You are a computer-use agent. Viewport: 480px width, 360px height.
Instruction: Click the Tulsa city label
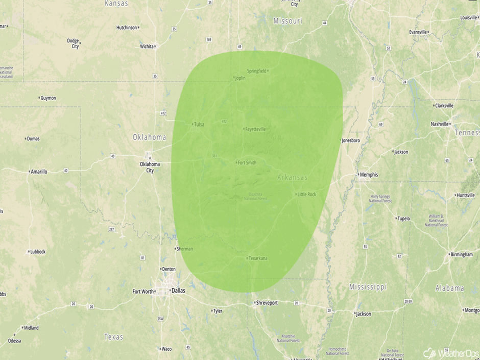pyautogui.click(x=199, y=124)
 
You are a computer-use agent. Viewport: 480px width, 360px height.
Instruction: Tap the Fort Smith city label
pyautogui.click(x=247, y=163)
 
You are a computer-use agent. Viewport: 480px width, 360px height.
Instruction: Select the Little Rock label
pyautogui.click(x=306, y=195)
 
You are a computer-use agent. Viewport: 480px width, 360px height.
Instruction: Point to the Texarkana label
pyautogui.click(x=257, y=258)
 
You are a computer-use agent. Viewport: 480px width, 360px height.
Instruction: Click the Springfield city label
pyautogui.click(x=256, y=71)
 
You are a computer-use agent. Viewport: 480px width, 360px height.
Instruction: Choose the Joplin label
pyautogui.click(x=240, y=78)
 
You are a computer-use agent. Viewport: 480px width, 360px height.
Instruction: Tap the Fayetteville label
pyautogui.click(x=255, y=129)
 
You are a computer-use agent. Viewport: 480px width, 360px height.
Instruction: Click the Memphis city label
pyautogui.click(x=369, y=175)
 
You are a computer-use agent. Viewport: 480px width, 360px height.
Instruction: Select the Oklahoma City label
pyautogui.click(x=150, y=167)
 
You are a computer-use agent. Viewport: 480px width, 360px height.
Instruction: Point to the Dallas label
pyautogui.click(x=179, y=291)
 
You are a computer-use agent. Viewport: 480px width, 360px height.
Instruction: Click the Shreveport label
pyautogui.click(x=267, y=303)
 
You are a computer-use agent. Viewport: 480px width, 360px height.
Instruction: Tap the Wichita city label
pyautogui.click(x=147, y=46)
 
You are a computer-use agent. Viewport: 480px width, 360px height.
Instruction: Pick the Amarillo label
pyautogui.click(x=39, y=172)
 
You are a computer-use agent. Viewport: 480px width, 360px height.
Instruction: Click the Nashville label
pyautogui.click(x=439, y=124)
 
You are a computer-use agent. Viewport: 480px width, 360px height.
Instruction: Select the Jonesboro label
pyautogui.click(x=350, y=140)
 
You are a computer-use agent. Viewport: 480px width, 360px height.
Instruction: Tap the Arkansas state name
pyautogui.click(x=293, y=177)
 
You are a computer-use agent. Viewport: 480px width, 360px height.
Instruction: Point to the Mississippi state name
pyautogui.click(x=368, y=287)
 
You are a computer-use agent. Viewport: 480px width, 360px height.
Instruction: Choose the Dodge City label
pyautogui.click(x=73, y=43)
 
